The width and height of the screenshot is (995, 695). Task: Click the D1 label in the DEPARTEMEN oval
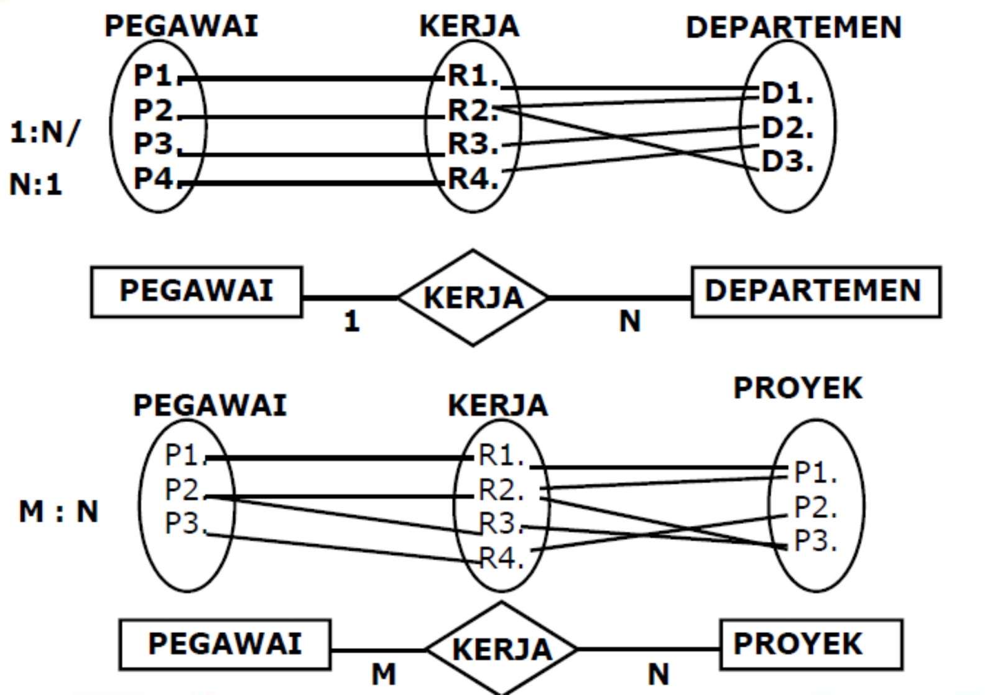coord(787,93)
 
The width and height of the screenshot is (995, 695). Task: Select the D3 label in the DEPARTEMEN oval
coord(787,162)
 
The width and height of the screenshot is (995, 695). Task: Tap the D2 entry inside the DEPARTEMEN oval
coord(787,128)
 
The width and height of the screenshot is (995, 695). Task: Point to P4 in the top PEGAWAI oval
coord(153,179)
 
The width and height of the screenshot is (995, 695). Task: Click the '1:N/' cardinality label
coord(45,132)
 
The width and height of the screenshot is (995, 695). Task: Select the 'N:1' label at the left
coord(35,185)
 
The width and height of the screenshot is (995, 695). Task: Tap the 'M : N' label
coord(58,512)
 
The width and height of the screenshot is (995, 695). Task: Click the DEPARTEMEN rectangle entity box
coord(815,292)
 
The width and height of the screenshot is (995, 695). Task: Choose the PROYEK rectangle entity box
coord(810,644)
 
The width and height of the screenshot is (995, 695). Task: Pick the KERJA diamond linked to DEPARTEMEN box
coord(473,298)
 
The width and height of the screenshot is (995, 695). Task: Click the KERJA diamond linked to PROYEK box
coord(501,649)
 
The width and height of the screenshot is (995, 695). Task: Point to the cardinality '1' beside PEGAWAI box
coord(352,321)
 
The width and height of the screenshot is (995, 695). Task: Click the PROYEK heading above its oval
coord(798,389)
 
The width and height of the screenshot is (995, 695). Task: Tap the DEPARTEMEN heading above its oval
coord(794,27)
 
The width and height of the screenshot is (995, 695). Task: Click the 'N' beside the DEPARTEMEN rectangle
coord(629,321)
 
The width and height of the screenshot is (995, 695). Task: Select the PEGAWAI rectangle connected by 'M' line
coord(224,644)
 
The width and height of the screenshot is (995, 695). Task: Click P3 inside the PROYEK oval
coord(815,541)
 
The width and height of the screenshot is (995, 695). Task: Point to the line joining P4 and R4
coord(311,183)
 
